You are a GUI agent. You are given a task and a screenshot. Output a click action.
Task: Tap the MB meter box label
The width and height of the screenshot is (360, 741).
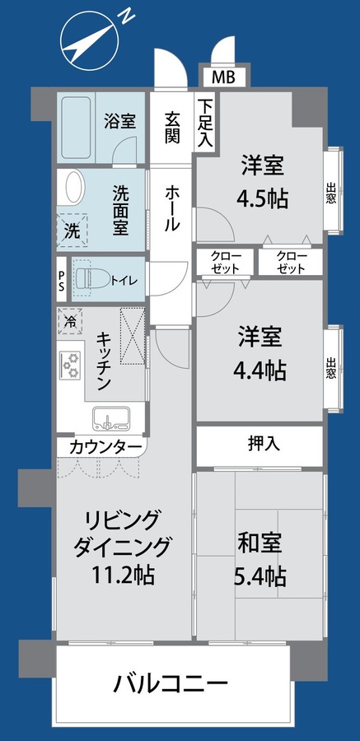click(222, 78)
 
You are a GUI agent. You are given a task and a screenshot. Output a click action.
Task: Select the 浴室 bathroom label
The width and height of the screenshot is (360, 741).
click(119, 122)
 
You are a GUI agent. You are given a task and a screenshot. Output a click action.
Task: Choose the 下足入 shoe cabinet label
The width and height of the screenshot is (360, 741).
click(204, 123)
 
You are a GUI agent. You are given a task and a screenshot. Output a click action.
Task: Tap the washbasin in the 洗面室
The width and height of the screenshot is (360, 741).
click(72, 187)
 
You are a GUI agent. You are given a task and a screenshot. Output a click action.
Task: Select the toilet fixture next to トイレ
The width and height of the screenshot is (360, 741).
click(84, 279)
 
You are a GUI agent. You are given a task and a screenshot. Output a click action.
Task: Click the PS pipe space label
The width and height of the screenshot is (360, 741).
click(62, 279)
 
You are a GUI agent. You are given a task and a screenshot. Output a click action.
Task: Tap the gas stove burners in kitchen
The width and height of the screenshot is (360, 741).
click(70, 363)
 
